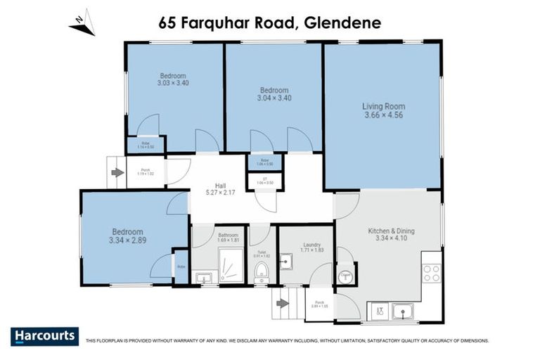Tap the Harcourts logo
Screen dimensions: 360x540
[x=44, y=336]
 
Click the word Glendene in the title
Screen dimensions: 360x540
[x=344, y=22]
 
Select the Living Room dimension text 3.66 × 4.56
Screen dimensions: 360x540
[x=383, y=116]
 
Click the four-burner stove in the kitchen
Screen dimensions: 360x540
[x=431, y=273]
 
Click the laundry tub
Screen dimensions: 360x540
[x=285, y=263]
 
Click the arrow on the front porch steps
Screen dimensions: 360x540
[x=117, y=172]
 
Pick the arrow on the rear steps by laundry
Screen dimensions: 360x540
[x=283, y=304]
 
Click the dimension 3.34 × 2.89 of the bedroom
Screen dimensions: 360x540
[x=127, y=241]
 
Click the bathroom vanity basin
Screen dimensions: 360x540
[x=203, y=279]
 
